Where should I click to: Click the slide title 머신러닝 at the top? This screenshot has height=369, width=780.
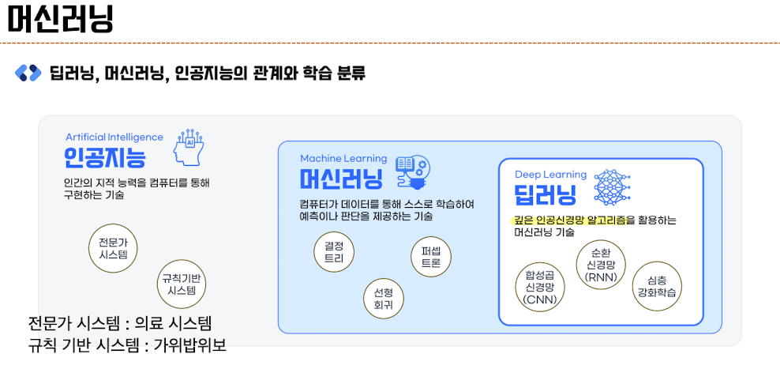tap(60, 19)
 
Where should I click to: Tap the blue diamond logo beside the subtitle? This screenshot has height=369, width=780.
tap(28, 73)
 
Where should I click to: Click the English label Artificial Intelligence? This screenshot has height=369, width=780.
tap(114, 137)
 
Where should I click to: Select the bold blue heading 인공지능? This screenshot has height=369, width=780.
tap(105, 158)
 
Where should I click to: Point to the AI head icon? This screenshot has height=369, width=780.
tap(187, 149)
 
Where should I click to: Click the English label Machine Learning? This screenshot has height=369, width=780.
tap(343, 158)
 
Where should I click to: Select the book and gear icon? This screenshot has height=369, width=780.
tap(412, 172)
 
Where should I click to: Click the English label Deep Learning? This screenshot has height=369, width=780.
tap(551, 174)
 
